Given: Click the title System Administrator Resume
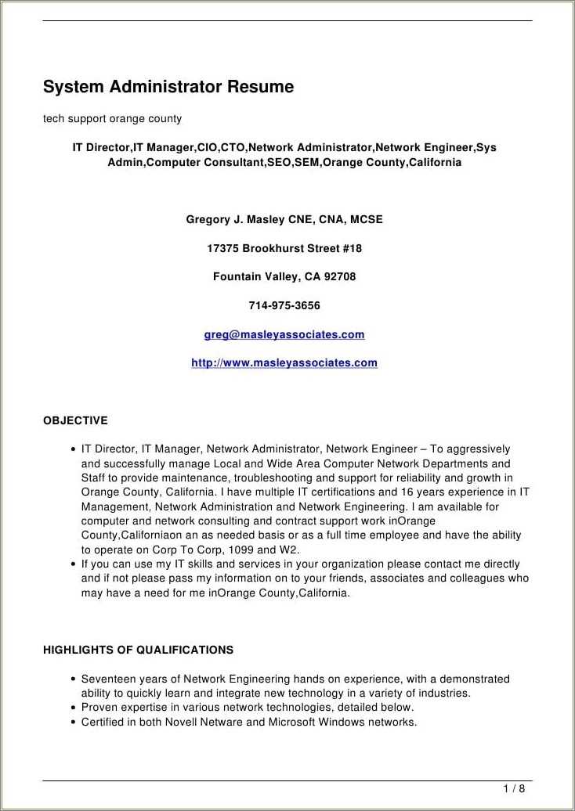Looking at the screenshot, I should [x=168, y=87].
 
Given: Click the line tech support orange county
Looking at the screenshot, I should [x=112, y=119].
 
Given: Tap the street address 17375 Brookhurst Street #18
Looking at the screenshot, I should [x=284, y=249].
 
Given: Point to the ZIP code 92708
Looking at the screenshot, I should [x=340, y=277].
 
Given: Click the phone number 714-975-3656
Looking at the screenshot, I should [x=284, y=306].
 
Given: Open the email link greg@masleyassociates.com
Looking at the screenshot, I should [x=284, y=335].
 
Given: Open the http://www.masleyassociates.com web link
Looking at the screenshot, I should [x=284, y=363].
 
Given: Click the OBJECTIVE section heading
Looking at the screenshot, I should [x=75, y=421].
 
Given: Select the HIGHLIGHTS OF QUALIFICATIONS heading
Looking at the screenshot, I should [x=138, y=651].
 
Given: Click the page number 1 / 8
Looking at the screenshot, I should [x=514, y=788].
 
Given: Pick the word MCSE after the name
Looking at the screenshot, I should [x=367, y=220].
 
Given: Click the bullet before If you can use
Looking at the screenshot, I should [x=73, y=564].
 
